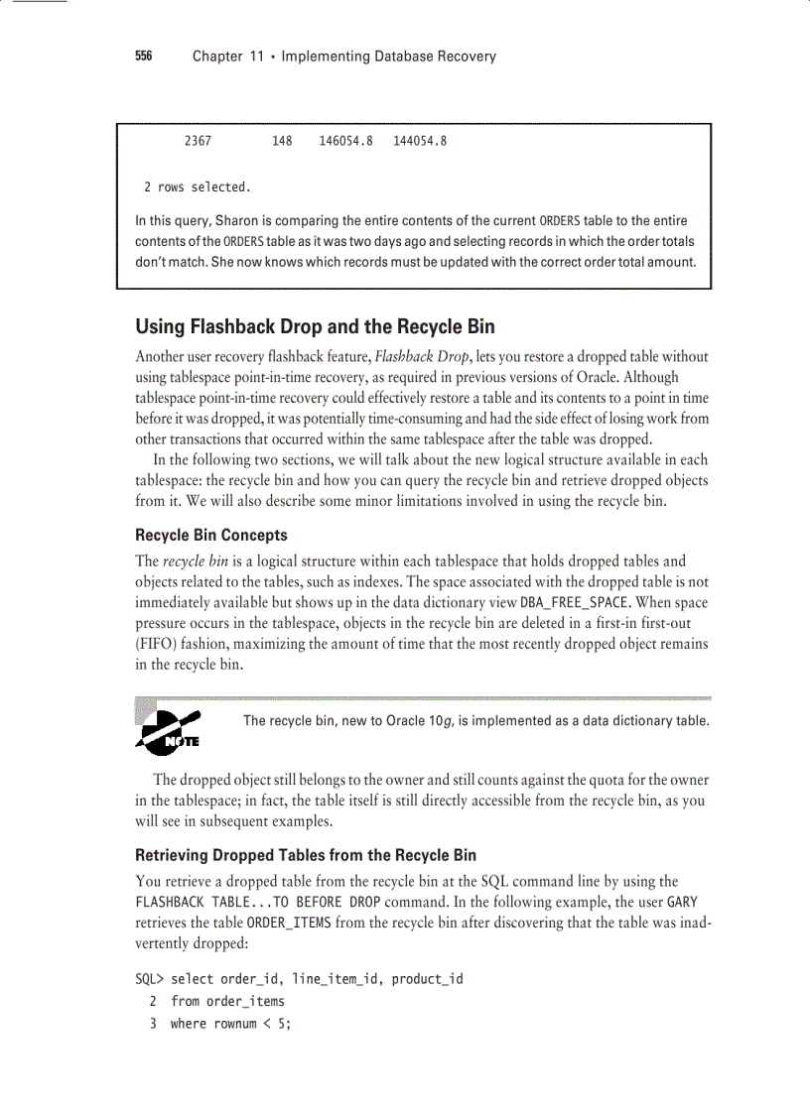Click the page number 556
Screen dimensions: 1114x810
point(144,57)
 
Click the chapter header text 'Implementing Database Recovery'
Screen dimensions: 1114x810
point(388,57)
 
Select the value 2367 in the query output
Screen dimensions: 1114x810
point(198,141)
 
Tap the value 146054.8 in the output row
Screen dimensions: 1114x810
point(345,141)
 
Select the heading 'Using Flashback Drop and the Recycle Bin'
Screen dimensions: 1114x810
point(315,326)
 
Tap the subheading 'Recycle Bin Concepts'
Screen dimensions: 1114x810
point(211,535)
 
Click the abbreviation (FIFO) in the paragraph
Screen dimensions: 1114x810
point(155,644)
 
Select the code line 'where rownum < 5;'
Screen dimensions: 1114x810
point(230,1023)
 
